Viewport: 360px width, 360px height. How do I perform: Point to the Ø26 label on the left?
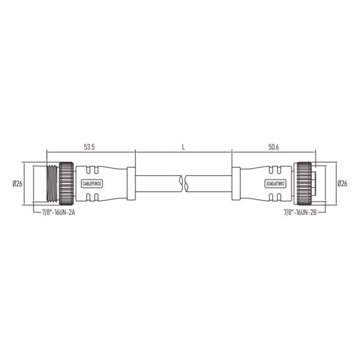pyautogui.click(x=17, y=184)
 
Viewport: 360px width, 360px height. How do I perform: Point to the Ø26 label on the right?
pyautogui.click(x=343, y=184)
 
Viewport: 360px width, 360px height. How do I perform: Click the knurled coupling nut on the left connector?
pyautogui.click(x=65, y=183)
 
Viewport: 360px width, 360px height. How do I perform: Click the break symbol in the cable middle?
pyautogui.click(x=183, y=183)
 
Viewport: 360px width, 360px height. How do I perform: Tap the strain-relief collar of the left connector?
pyautogui.click(x=131, y=183)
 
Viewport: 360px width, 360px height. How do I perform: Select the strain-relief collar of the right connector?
pyautogui.click(x=236, y=183)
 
